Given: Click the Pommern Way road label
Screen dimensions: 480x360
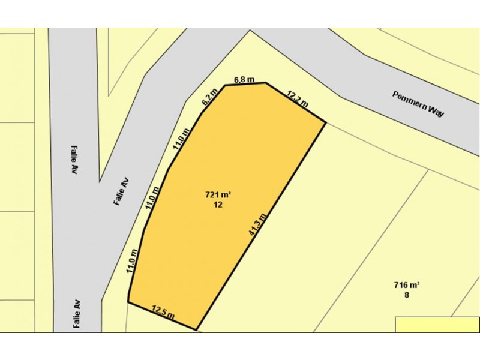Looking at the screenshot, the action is point(418,103).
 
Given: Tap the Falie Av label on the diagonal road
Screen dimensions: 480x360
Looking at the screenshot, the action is point(121,191).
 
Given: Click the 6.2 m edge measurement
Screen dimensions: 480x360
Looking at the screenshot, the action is point(208,98).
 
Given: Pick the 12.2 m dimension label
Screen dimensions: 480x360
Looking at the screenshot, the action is point(297,98).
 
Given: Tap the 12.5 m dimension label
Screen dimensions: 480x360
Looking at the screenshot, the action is point(163,311).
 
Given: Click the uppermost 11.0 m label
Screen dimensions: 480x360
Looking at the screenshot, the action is point(181,138).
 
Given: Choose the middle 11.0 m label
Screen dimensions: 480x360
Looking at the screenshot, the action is point(152,197).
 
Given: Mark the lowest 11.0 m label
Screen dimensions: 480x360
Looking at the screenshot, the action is point(133,261).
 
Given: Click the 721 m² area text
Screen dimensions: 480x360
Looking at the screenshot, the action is point(218,195).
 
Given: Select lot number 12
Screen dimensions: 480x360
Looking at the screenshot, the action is point(218,205).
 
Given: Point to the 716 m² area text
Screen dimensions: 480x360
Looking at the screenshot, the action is point(406,285).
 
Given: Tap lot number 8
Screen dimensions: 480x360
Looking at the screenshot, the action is point(406,295).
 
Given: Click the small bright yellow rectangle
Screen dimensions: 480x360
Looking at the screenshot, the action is point(437,324).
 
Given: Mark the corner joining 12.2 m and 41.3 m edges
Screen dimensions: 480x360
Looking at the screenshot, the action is point(326,122).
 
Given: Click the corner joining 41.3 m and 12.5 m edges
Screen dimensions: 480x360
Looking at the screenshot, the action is point(197,329).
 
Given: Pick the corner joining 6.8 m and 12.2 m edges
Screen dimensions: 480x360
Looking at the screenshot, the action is point(265,83).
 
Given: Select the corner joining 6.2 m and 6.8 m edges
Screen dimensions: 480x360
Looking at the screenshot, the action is point(225,85).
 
